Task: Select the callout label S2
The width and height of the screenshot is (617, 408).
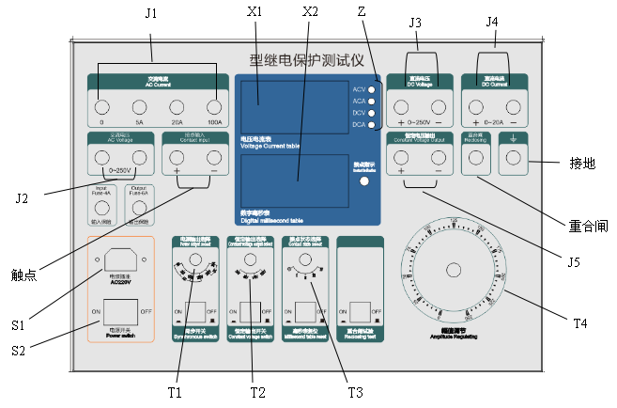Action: pyautogui.click(x=18, y=350)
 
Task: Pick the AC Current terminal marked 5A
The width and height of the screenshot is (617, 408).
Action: pyautogui.click(x=140, y=104)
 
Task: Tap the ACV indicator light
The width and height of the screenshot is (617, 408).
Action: pyautogui.click(x=373, y=89)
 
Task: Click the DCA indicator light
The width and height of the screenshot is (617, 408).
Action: pyautogui.click(x=373, y=123)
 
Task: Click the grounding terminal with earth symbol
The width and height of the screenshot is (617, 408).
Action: pyautogui.click(x=513, y=161)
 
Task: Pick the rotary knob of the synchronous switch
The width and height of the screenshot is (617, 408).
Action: pyautogui.click(x=195, y=260)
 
